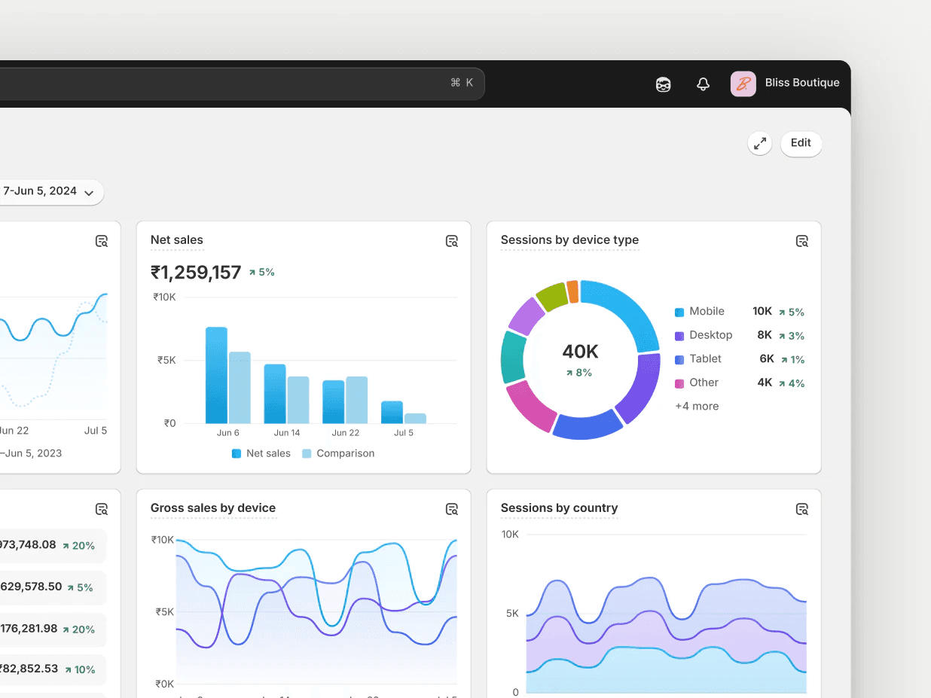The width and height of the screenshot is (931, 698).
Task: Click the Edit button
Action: (x=801, y=143)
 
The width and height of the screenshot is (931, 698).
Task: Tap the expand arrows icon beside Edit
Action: (x=760, y=143)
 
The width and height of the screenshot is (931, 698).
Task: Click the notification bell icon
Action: (x=703, y=84)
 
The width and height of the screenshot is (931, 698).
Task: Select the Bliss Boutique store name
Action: (x=801, y=83)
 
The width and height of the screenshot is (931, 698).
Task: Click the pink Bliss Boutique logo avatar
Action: (x=743, y=84)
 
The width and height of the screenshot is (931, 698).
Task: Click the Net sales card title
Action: (x=177, y=240)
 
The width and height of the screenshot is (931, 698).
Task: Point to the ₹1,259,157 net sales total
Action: (x=196, y=273)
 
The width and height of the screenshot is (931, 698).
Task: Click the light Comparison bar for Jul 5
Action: (x=415, y=418)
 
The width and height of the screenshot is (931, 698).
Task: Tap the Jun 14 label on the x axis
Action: (x=287, y=433)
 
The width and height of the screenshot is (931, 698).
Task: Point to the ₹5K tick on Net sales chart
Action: (x=166, y=360)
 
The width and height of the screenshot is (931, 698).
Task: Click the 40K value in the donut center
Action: (x=580, y=352)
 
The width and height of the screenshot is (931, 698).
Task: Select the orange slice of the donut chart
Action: (x=572, y=291)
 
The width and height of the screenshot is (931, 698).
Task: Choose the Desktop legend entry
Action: (x=710, y=335)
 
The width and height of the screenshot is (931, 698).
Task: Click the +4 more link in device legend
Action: (x=697, y=407)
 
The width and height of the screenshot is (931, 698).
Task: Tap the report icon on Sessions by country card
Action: (x=802, y=510)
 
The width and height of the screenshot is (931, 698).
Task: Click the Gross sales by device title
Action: (x=213, y=508)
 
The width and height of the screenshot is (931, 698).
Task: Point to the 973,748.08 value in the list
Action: (x=28, y=545)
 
